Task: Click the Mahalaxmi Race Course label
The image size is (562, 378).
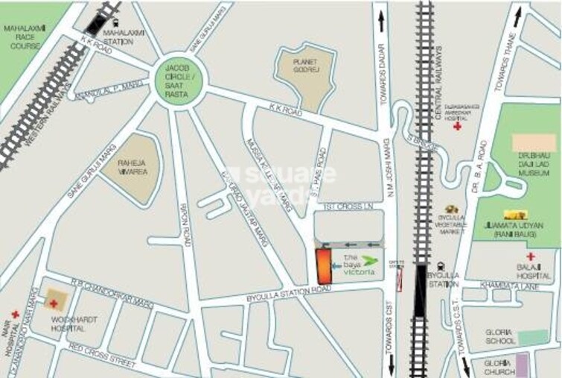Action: click(25, 37)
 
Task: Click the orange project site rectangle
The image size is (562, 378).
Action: click(323, 265)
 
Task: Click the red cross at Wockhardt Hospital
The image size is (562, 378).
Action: click(54, 303)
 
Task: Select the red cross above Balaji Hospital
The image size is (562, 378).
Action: click(530, 256)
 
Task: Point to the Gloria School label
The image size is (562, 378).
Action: click(499, 337)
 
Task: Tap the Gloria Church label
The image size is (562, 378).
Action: click(499, 367)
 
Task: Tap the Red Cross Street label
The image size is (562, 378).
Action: click(103, 359)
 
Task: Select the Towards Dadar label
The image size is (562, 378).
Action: click(386, 82)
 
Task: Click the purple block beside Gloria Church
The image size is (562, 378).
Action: click(523, 365)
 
